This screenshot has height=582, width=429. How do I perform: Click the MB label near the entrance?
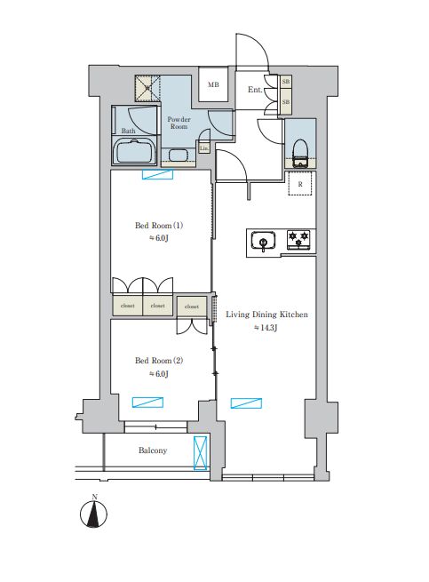coord(212,85)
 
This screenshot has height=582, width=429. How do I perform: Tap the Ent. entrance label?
coord(254,90)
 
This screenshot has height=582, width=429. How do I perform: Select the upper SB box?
coord(285,83)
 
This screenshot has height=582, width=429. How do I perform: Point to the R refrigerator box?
coord(301,184)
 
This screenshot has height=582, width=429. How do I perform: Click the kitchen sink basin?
coord(263,240)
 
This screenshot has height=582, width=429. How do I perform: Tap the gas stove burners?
coord(298,239)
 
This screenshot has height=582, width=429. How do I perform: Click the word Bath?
coord(129,131)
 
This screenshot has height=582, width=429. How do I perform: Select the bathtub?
coord(135,152)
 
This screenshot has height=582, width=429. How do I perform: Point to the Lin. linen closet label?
coord(204,147)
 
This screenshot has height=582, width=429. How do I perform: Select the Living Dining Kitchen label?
coord(267,314)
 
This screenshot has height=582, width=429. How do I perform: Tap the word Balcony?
coord(153,450)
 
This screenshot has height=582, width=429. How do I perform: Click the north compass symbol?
coord(93,514)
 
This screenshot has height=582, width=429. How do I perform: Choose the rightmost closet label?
coord(192,306)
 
